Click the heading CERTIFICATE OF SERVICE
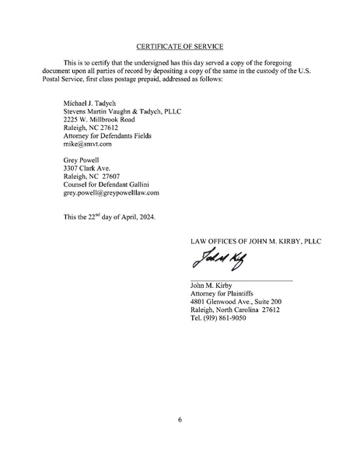(x=180, y=47)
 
